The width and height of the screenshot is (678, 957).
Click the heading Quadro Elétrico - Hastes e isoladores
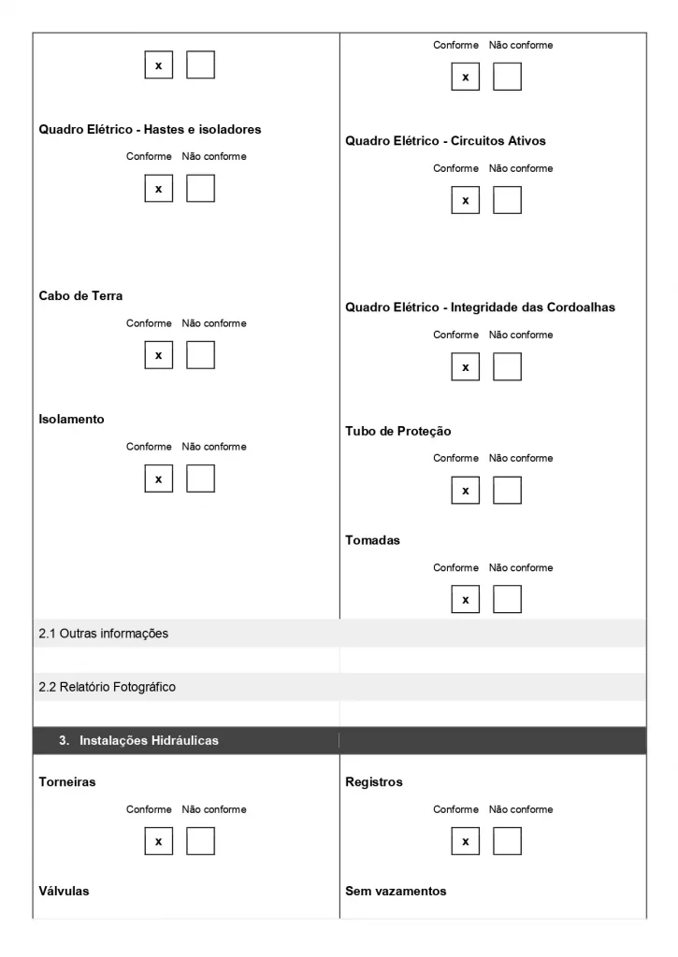(150, 129)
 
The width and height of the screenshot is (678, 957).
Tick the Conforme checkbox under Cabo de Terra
(158, 355)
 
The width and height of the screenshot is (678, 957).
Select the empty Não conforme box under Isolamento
(200, 478)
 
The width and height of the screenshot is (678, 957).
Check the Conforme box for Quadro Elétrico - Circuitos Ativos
(465, 200)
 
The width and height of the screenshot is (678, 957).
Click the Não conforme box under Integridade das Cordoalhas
(507, 367)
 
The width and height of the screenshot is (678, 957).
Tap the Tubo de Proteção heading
(397, 431)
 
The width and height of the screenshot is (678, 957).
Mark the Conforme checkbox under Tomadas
(465, 599)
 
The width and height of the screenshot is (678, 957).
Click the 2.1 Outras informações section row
(104, 634)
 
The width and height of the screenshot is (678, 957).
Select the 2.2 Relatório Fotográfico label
(108, 687)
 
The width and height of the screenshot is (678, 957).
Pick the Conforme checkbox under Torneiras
(158, 841)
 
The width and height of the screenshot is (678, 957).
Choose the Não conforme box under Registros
(507, 841)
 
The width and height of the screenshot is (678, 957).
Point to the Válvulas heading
(64, 891)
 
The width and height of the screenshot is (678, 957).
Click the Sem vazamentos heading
(396, 891)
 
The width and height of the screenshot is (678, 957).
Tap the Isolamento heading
(71, 419)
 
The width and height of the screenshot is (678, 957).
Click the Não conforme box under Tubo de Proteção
(507, 490)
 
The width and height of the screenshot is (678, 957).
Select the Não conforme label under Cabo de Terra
(214, 323)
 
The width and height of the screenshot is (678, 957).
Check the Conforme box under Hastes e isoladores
(158, 189)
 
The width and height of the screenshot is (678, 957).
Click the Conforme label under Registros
(455, 809)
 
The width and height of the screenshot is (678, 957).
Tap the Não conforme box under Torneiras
(200, 841)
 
